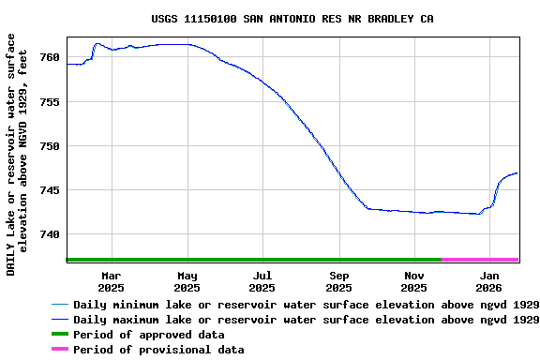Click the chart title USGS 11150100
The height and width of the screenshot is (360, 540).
coord(292,19)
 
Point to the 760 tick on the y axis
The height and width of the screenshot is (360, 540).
coord(50,58)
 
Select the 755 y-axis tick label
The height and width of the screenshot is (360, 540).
coord(50,102)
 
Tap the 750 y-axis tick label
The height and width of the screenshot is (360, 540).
coord(50,146)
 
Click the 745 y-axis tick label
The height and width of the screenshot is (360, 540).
coord(50,190)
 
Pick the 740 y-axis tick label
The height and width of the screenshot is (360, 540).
coord(50,234)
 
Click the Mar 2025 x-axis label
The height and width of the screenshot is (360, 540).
coord(112,281)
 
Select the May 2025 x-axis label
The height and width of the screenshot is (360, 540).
coord(187,281)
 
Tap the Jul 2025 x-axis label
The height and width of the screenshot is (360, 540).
coord(262,281)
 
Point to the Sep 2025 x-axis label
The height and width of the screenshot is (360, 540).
coord(338,281)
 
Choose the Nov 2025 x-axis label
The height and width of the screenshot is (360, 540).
coord(414,281)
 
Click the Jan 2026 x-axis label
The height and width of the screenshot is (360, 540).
coord(489,281)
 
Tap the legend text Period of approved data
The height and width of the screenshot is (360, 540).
coord(149,335)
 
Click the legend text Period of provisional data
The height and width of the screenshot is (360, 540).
coord(158,350)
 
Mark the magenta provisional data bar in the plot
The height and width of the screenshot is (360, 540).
coord(480,260)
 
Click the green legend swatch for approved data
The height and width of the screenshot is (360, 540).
coord(59,335)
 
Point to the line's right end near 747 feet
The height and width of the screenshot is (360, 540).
coord(517,173)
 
